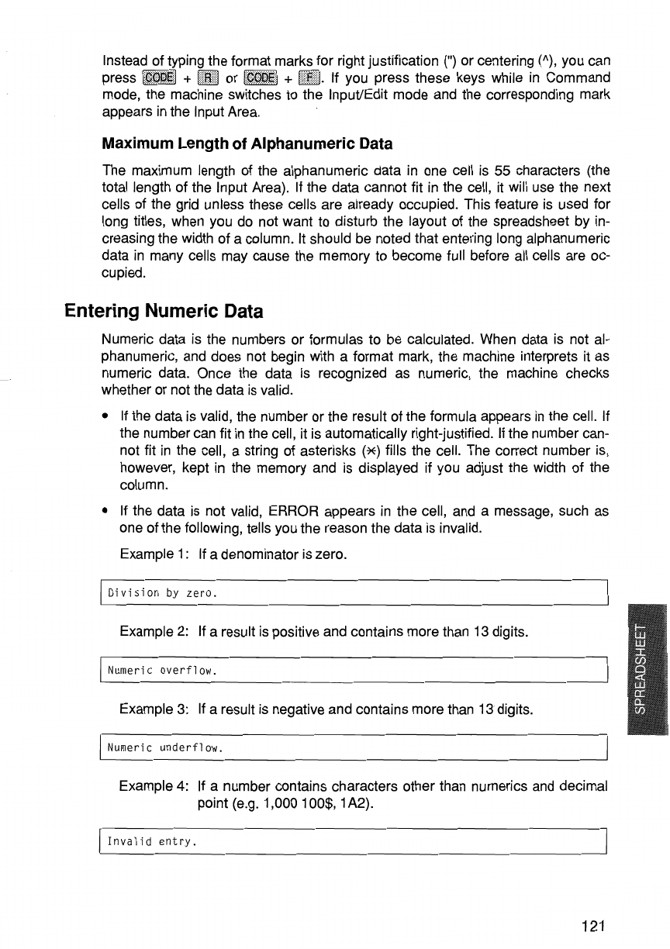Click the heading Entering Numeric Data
164,312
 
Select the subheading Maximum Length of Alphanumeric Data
247,143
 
